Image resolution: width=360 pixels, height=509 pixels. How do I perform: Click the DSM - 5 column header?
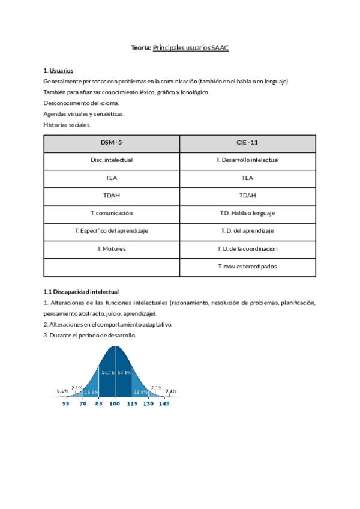(x=112, y=143)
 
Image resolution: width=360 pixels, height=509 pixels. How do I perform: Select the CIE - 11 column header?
(x=247, y=143)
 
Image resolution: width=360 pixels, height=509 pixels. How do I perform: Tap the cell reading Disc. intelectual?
(x=112, y=160)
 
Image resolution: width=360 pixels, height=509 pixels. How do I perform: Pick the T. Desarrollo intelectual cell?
(x=247, y=160)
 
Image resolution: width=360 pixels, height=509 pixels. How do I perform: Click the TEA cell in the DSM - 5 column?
(x=112, y=178)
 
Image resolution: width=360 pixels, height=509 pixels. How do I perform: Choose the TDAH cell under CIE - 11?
(x=247, y=196)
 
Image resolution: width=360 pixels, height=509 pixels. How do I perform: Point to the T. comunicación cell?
(x=112, y=214)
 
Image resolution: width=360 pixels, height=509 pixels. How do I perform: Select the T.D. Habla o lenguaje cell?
(x=247, y=214)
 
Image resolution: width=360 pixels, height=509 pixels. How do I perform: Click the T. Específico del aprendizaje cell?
(x=112, y=231)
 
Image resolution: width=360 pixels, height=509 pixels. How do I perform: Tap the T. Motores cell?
(x=112, y=249)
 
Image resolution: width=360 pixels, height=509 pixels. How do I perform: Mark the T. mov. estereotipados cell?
(x=247, y=267)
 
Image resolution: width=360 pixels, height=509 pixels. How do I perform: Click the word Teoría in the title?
(x=141, y=47)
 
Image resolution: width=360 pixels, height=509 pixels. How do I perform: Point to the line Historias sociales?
(x=67, y=125)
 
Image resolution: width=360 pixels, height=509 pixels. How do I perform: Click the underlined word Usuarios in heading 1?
(x=62, y=70)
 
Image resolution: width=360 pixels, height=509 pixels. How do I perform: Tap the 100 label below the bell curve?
(x=115, y=405)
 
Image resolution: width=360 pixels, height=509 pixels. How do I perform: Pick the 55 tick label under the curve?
(x=66, y=405)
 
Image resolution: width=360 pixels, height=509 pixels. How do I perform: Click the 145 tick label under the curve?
(x=164, y=405)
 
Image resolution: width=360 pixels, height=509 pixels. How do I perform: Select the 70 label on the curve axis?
(x=83, y=405)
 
